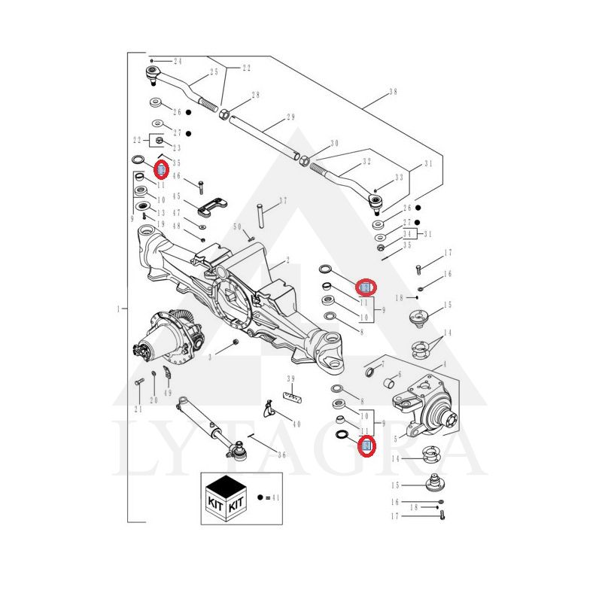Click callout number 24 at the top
tap(178, 61)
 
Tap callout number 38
tap(393, 93)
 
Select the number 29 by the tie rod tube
tap(290, 117)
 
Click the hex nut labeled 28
tap(224, 114)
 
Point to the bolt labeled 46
tap(201, 185)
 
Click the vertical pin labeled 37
tap(260, 214)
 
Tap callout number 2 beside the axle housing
tap(287, 261)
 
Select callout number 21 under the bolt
tap(138, 409)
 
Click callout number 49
tap(167, 393)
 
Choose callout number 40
tap(296, 424)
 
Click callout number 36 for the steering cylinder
tap(281, 454)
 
